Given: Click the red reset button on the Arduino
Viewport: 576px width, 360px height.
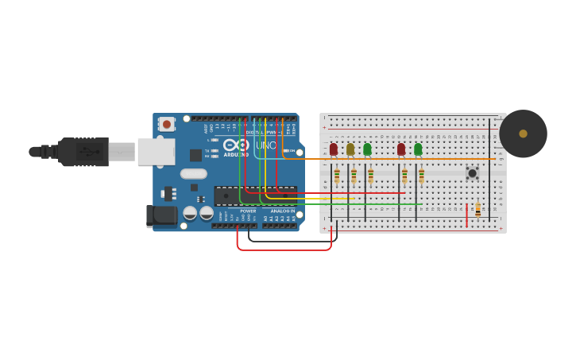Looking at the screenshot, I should (x=167, y=124).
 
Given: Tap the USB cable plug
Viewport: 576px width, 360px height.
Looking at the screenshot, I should (x=83, y=151).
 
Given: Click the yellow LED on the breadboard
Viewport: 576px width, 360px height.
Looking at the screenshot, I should (x=350, y=149).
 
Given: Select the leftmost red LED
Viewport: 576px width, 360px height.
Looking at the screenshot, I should (x=334, y=149).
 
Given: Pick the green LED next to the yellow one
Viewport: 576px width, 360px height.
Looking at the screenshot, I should (x=367, y=149).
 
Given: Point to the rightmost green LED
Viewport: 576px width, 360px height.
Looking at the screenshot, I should (x=418, y=149).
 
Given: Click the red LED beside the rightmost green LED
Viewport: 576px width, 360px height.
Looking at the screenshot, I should (x=401, y=149).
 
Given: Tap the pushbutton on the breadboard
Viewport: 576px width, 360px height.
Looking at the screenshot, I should (x=472, y=172).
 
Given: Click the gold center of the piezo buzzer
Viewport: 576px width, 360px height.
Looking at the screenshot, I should (x=523, y=134).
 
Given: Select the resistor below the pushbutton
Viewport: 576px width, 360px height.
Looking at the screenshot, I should (x=477, y=208).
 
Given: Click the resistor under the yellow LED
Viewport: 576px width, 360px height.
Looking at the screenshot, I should (x=354, y=176).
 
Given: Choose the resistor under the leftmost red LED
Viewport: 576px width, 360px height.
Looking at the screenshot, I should (x=337, y=176).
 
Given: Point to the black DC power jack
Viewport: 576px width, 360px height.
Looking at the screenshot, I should (x=162, y=215).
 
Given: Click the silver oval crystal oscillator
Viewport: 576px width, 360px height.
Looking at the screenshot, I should (x=193, y=173).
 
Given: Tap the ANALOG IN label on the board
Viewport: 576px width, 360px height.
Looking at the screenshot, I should (x=282, y=211).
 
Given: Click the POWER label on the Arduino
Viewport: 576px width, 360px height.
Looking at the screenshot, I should (x=248, y=211).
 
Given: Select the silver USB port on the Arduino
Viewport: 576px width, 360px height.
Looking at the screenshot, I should (x=156, y=151).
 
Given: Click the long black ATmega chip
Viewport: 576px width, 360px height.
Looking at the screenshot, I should (x=255, y=195).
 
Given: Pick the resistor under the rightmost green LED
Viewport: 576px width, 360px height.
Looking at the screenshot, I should (x=421, y=176).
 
